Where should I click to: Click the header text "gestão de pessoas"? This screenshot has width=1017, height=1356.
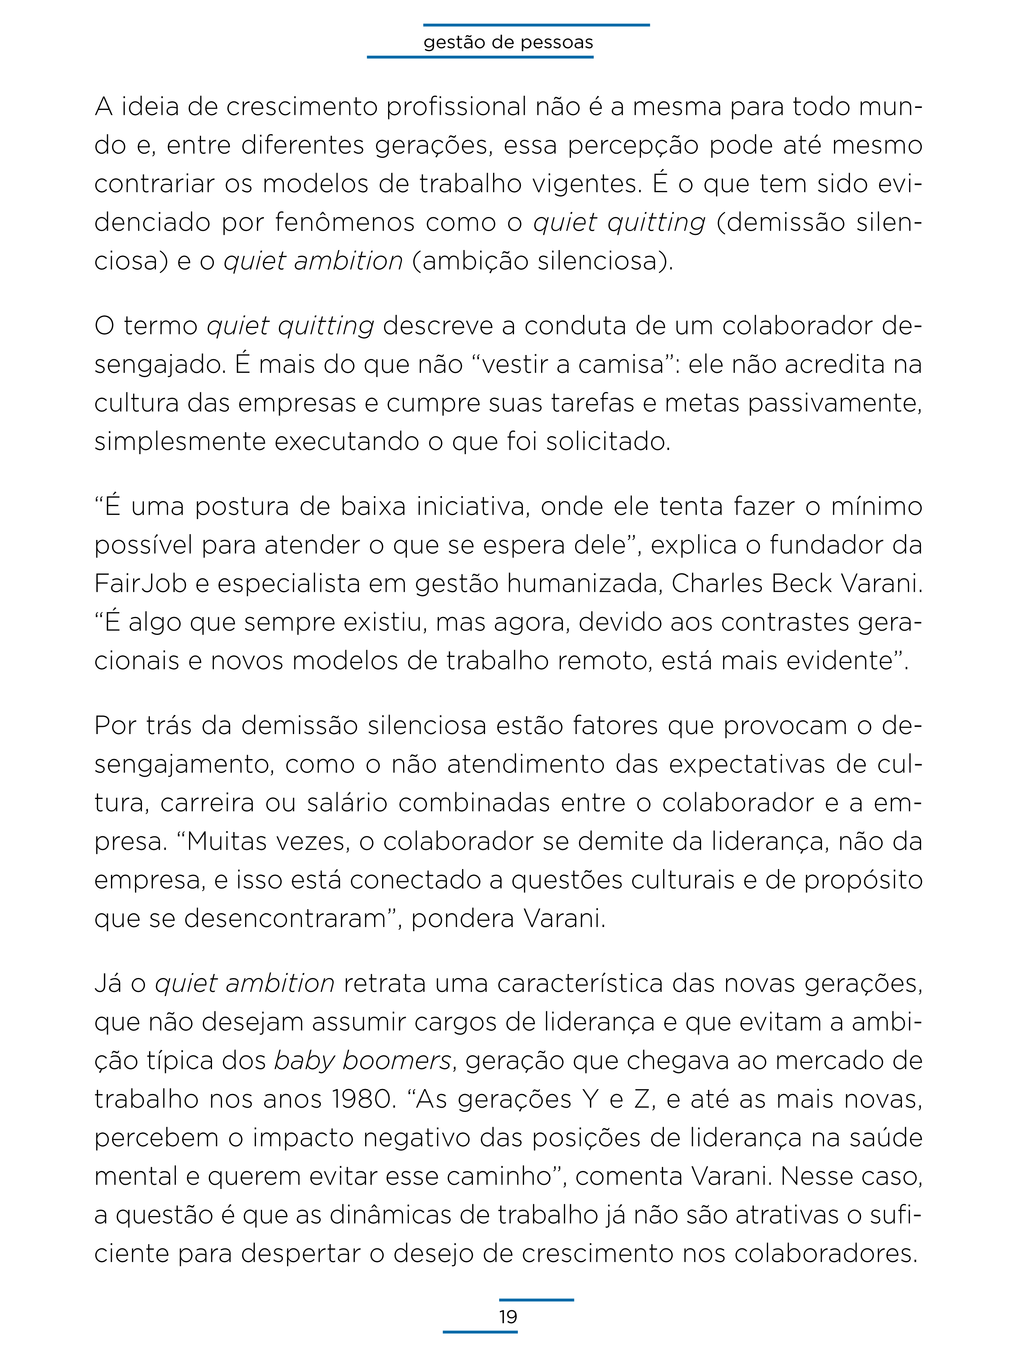(x=508, y=42)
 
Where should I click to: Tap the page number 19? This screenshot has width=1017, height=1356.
(x=508, y=1317)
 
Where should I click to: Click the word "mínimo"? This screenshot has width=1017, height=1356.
(x=877, y=506)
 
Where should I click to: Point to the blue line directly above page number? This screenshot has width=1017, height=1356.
(x=537, y=1300)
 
